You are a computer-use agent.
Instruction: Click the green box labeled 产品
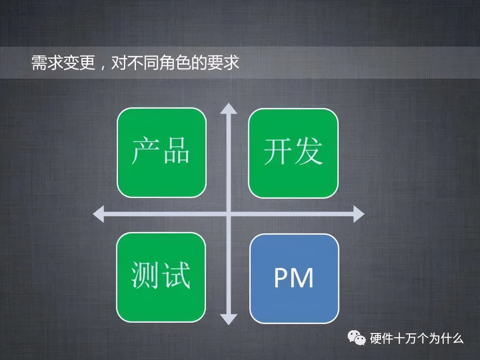(161, 153)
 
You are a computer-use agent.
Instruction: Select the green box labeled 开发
(293, 153)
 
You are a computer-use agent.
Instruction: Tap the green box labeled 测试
(161, 277)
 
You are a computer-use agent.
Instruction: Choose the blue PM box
(294, 279)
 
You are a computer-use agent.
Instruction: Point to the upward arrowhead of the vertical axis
(229, 109)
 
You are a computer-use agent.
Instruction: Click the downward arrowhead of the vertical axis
(229, 319)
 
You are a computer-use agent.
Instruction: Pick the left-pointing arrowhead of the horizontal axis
(99, 214)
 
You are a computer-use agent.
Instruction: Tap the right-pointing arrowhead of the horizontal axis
(358, 214)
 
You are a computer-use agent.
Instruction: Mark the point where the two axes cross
(229, 214)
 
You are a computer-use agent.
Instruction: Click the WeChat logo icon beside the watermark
(356, 338)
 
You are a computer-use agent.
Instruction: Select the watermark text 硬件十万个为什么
(417, 338)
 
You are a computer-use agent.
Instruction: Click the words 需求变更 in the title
(63, 63)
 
